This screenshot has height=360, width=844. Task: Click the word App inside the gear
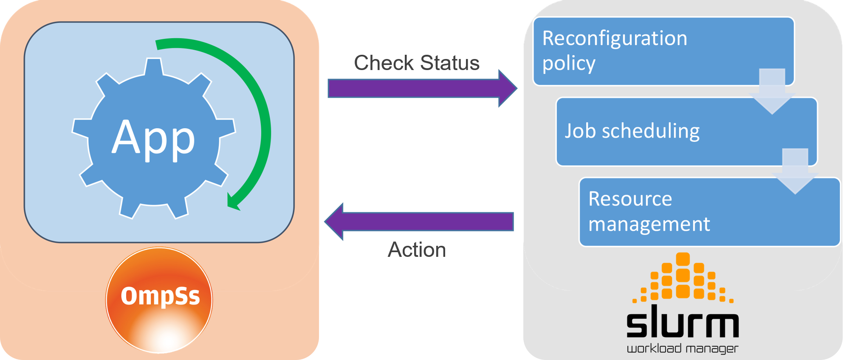coord(153,138)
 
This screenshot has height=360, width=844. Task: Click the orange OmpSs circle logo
coord(159,300)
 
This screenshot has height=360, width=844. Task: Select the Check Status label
coord(416,63)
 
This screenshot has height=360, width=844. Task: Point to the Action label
coord(416,250)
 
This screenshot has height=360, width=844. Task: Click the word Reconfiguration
coord(614,38)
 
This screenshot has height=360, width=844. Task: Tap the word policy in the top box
coord(568,64)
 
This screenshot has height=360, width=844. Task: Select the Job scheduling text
coord(632,131)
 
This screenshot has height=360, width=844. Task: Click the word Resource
coord(630,199)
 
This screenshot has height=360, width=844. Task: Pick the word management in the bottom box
coord(649,224)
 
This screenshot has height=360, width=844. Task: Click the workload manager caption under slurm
coord(683,349)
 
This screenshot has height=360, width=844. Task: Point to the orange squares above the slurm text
coord(683,278)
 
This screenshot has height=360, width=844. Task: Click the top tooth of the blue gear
coord(153,67)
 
